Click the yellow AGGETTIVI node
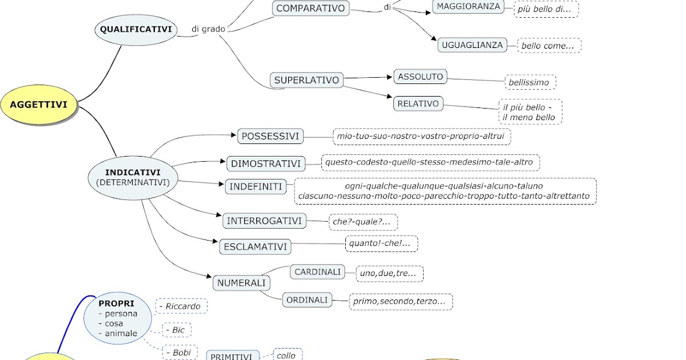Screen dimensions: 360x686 (x=39, y=105)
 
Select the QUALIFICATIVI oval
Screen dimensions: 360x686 (x=136, y=29)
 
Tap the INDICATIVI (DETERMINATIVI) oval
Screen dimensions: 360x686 (x=133, y=177)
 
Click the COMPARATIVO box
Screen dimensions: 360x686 (x=310, y=8)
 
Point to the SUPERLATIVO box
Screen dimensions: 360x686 (x=306, y=80)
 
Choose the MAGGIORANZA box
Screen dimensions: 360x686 (x=469, y=6)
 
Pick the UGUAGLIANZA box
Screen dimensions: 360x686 (x=472, y=45)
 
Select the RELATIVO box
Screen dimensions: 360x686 (x=418, y=103)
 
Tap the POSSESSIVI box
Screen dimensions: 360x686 (x=270, y=136)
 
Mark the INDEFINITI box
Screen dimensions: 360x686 (x=256, y=187)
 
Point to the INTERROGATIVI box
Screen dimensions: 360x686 (x=265, y=221)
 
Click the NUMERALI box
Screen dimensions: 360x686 (x=241, y=283)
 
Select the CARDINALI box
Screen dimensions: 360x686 (x=317, y=272)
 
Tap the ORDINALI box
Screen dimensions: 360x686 (x=307, y=299)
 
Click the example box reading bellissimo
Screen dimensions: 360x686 (x=529, y=82)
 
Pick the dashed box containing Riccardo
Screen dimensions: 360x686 (x=181, y=306)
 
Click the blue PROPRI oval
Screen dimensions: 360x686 (x=119, y=319)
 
